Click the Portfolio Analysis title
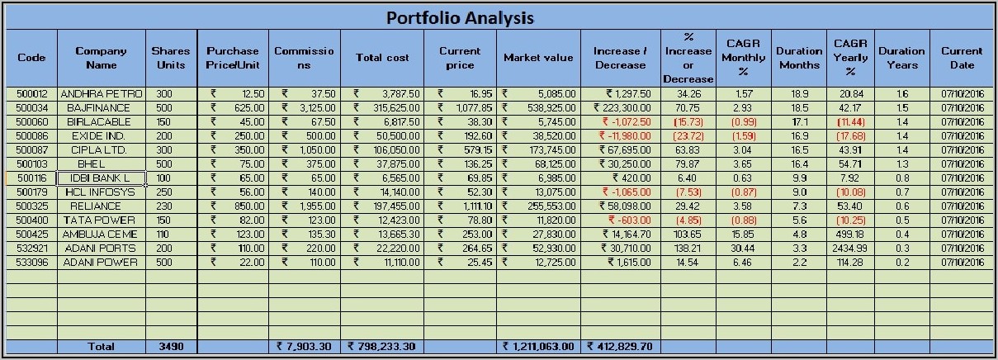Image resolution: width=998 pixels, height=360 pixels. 460,17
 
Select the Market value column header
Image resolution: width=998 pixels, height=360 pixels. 538,58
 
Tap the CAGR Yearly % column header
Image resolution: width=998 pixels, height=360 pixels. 849,58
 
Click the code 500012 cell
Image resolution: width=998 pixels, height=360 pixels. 32,94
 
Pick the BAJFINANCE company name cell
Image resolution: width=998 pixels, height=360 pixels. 102,108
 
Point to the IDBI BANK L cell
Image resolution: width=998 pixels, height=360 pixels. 102,178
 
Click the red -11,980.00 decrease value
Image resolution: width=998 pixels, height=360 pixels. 622,136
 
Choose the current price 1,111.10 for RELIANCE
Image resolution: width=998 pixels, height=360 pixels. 466,206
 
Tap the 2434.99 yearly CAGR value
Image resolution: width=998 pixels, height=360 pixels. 849,249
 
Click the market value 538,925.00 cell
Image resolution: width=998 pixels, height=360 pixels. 538,108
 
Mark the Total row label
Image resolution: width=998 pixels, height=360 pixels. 102,347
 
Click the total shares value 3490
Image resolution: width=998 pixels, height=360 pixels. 171,347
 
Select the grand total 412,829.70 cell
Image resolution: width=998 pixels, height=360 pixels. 621,347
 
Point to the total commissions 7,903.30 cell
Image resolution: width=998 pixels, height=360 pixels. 305,347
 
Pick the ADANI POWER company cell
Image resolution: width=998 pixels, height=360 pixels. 102,263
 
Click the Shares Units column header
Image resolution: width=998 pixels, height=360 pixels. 171,58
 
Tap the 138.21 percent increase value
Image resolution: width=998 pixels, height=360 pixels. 688,249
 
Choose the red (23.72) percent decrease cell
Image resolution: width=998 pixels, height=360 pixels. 688,136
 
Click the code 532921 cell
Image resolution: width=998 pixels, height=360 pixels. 32,249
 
